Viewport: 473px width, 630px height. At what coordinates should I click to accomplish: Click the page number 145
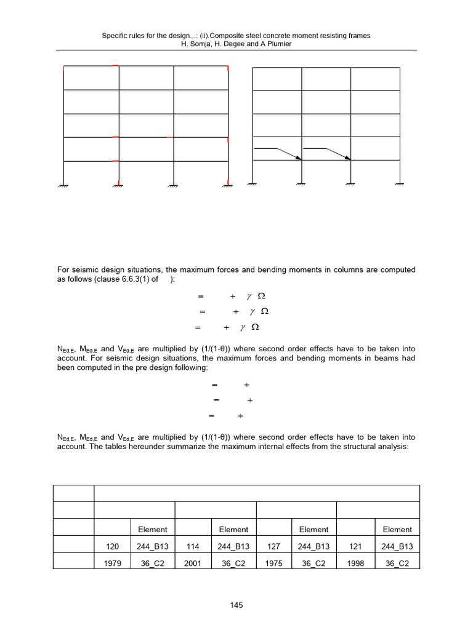236,605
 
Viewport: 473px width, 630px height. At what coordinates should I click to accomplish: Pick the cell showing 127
273,546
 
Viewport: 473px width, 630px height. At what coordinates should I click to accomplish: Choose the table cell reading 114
193,546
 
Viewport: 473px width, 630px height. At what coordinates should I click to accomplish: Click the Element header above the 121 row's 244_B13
397,529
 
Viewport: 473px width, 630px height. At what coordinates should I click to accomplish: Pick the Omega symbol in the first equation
261,296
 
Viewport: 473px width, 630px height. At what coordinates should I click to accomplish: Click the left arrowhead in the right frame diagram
299,158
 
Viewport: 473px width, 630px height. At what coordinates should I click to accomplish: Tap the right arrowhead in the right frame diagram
349,158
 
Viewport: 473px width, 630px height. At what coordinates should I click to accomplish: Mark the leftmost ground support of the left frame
64,185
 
